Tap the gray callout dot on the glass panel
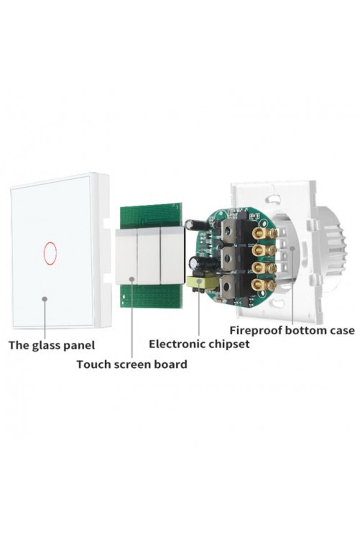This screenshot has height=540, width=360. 45,299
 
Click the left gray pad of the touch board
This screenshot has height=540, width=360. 126,255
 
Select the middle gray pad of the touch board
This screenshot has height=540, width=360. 149,255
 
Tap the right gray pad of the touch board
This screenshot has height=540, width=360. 172,255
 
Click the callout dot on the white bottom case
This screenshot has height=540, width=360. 292,247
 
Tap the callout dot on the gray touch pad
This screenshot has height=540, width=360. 132,279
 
